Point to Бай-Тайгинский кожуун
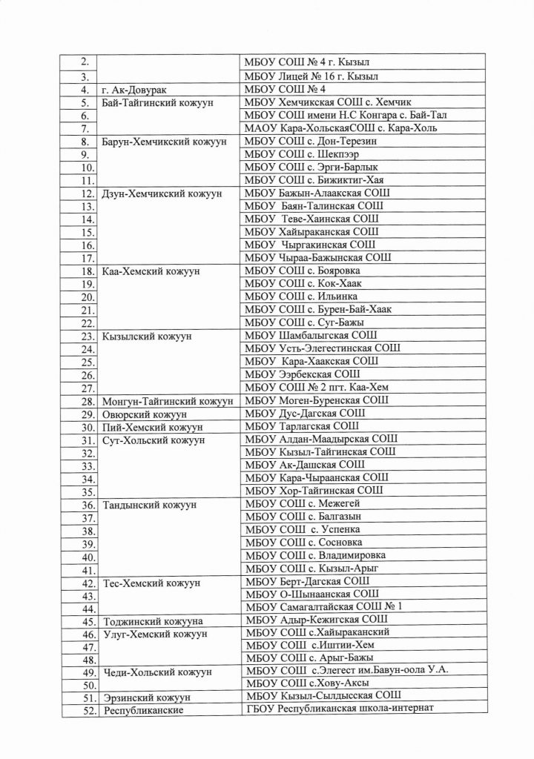pyautogui.click(x=156, y=103)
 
